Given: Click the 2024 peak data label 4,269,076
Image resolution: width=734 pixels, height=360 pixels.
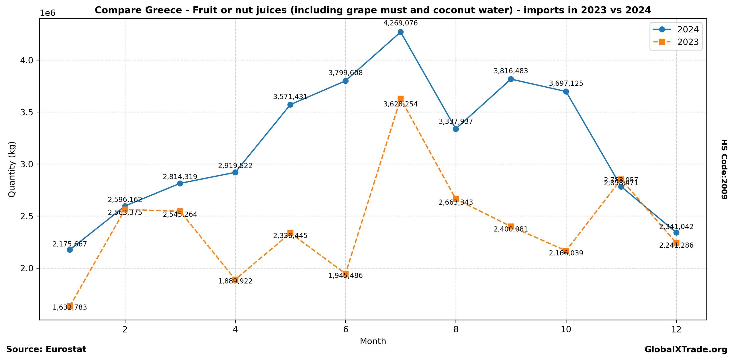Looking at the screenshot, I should tap(400, 23).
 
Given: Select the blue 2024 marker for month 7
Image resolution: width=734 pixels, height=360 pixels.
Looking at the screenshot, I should tap(400, 32).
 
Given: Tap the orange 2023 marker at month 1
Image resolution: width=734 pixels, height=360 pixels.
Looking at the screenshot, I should tap(70, 306).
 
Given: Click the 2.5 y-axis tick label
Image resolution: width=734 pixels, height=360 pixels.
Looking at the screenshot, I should tap(27, 216).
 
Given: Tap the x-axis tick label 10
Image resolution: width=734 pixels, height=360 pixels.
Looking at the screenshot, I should tap(566, 330).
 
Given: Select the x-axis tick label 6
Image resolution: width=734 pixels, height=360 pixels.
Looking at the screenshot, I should tap(345, 330).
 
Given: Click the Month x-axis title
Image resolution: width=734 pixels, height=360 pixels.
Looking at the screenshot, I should tap(373, 341).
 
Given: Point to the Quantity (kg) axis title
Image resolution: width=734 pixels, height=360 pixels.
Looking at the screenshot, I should tap(12, 169).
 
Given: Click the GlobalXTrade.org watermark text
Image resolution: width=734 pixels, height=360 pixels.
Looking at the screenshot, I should tap(686, 350).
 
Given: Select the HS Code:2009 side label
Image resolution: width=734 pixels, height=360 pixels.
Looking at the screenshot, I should tap(724, 169).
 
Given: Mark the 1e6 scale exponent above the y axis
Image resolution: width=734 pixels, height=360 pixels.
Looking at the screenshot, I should tap(48, 13).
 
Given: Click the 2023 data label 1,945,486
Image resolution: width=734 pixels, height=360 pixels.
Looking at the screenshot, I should tap(345, 276).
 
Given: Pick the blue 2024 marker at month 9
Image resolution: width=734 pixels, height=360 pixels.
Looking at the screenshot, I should tap(511, 79).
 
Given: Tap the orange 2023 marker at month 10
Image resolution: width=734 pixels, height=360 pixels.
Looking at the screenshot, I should tap(566, 251).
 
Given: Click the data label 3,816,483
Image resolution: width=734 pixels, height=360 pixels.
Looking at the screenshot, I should tap(511, 71).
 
